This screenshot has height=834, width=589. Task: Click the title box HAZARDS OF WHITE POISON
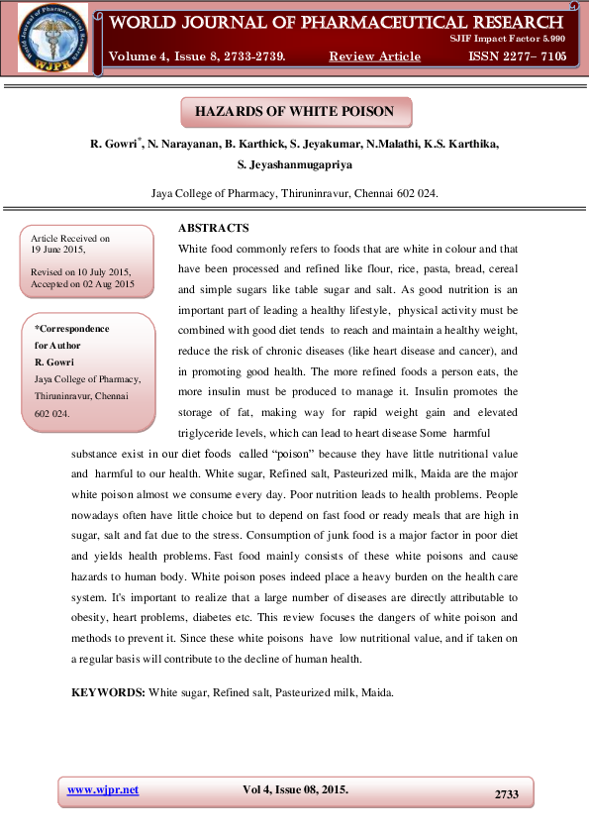click(295, 112)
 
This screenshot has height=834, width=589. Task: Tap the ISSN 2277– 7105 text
click(519, 56)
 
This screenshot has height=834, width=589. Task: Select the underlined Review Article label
click(374, 56)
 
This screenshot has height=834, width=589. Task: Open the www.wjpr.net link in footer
click(102, 790)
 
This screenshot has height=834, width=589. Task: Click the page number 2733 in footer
click(506, 794)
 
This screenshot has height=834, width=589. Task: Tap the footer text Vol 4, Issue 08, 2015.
click(295, 790)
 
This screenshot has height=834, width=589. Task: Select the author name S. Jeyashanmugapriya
click(295, 164)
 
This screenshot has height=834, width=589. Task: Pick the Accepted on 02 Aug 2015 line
click(82, 283)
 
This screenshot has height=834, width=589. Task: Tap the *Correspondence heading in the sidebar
click(72, 329)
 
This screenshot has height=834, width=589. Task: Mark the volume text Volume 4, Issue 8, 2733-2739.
click(198, 56)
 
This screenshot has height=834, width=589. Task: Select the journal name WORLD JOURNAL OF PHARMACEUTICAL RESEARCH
click(337, 21)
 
